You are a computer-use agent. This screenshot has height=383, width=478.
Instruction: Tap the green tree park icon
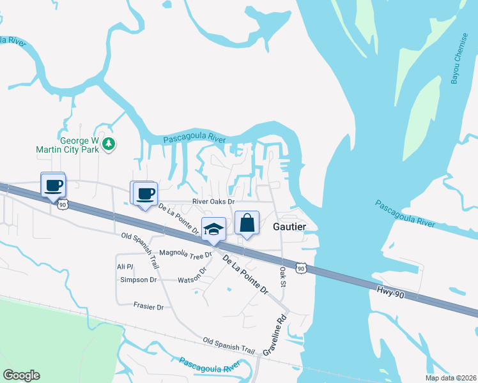(x=109, y=143)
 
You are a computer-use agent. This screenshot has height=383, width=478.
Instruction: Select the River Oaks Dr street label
(x=213, y=202)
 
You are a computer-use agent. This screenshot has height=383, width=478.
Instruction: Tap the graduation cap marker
(x=214, y=229)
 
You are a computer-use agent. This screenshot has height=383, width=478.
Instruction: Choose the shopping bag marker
(x=247, y=223)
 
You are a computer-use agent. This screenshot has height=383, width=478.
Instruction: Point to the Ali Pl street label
(x=124, y=266)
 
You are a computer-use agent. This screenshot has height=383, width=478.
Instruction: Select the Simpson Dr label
(x=138, y=280)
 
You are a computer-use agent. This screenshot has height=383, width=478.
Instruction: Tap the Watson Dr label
(x=192, y=275)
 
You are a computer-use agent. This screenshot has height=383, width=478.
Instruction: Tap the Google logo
(x=21, y=375)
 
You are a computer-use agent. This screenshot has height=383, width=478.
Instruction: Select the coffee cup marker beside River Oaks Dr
(x=144, y=193)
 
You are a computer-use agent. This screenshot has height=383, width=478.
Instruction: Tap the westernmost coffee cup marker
(x=52, y=185)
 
